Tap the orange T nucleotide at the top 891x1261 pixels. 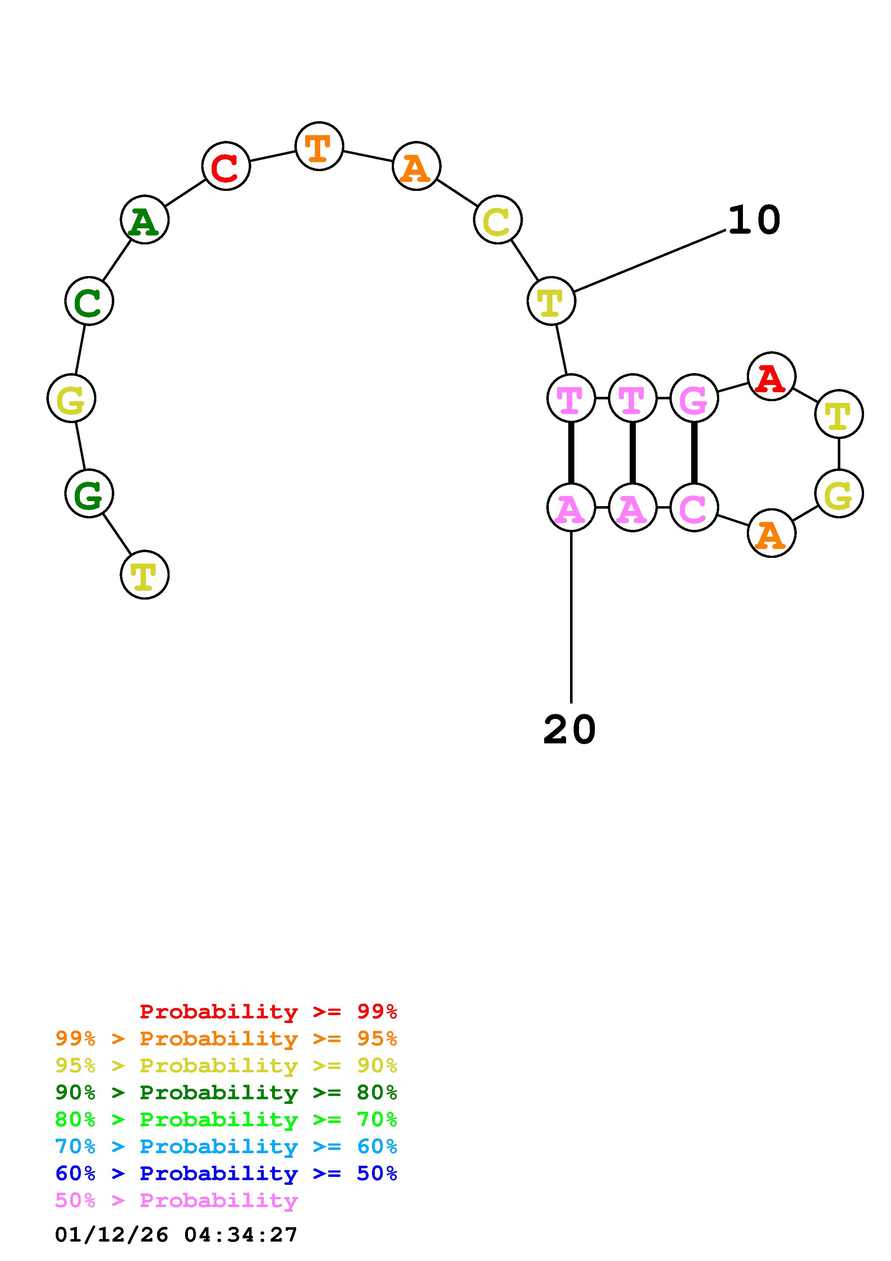(318, 146)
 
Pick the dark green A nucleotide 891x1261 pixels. (144, 220)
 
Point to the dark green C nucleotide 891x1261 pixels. (89, 301)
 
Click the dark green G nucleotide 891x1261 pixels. (89, 493)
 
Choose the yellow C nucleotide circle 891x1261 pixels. (497, 220)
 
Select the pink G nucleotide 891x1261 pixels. (694, 398)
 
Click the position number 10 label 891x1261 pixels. (754, 220)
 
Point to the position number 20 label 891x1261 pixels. (569, 730)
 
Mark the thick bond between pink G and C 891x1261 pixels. (694, 453)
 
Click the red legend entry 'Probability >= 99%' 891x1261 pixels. (268, 1011)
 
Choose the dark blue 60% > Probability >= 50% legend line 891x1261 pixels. (226, 1173)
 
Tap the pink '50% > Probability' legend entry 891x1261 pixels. (176, 1200)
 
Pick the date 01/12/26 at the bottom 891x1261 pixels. (111, 1235)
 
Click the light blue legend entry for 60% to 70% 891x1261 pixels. (226, 1146)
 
